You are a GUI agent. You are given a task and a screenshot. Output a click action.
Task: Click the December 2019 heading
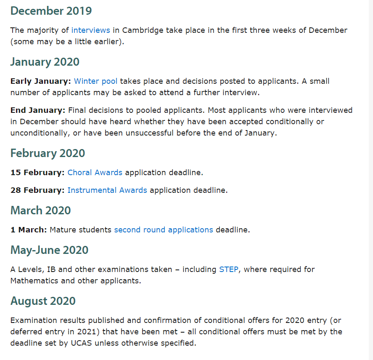51,11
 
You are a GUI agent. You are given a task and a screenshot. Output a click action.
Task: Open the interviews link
90,30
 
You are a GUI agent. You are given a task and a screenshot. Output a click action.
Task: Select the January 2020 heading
45,62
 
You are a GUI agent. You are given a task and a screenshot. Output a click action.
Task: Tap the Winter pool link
95,81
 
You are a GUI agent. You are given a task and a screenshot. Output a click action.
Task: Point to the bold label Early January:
40,81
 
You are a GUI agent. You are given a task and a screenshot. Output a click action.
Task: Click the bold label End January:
38,110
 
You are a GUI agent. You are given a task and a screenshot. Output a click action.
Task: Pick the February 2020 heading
48,153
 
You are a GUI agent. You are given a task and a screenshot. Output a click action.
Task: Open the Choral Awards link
95,172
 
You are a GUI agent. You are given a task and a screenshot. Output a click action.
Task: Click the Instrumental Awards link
107,190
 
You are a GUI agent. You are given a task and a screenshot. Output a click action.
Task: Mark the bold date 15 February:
37,172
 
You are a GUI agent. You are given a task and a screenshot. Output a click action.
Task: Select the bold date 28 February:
37,190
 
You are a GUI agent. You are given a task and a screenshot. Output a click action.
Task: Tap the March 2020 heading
40,210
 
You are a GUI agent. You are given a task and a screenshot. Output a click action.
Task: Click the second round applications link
164,230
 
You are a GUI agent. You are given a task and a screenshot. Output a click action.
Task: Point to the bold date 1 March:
29,230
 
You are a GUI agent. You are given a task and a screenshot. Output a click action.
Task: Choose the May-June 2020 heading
49,250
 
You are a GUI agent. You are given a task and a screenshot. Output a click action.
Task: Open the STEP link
228,269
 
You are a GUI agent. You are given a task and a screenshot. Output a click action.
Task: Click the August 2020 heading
43,301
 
